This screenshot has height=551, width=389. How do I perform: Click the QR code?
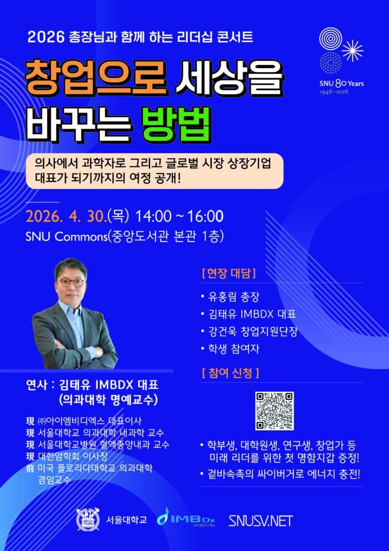pos(275,411)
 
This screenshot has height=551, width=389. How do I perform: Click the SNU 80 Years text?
pos(341,83)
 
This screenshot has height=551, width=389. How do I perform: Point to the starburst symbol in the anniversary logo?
pos(352,51)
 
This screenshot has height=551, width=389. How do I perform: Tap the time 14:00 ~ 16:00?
pos(179,216)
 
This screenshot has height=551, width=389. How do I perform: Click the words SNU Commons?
pos(66,237)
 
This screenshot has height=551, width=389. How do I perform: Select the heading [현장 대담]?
pos(229,274)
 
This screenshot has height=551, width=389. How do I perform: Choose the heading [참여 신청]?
pos(230,373)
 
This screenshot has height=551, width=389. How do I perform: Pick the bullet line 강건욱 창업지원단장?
pos(249,331)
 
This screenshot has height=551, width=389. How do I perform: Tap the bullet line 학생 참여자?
pos(230,349)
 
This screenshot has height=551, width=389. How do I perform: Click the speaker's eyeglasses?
pos(72,282)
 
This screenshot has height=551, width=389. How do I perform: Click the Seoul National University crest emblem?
pos(88,519)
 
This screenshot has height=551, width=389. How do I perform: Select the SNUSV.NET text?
pos(261,521)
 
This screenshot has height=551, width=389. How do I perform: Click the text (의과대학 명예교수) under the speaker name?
pos(108,400)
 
